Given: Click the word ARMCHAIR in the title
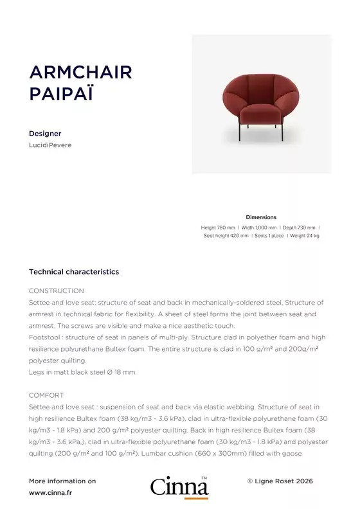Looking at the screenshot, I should point(80,72).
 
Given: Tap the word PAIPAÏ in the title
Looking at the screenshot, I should point(61,94).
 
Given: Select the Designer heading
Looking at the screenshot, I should point(45,134).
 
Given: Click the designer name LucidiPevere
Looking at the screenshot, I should point(50,145).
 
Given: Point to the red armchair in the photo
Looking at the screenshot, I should point(261,103).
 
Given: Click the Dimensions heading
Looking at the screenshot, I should point(261,217).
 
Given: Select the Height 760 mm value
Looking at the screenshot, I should point(218,228).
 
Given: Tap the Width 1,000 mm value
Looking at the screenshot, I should point(259,228).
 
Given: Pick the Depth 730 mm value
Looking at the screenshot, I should point(299,228).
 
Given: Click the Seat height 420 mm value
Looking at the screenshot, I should point(226,236).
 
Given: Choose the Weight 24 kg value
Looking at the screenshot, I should point(305,236).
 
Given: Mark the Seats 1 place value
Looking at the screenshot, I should point(269,236).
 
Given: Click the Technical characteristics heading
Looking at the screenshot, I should point(74,272).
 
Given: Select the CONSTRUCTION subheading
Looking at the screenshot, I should point(57,291).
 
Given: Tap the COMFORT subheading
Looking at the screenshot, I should point(46,395).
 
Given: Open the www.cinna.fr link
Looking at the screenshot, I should point(50,493).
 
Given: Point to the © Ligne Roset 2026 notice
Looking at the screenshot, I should point(280,481).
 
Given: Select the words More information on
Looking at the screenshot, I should point(62,481).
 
